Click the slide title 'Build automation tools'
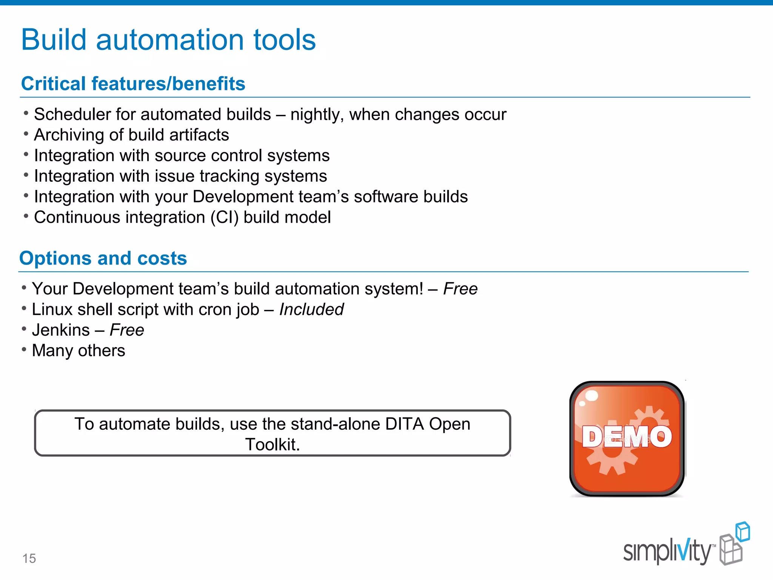168,40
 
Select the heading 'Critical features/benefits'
133,83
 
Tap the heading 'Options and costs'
103,258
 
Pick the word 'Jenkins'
61,330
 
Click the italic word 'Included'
311,310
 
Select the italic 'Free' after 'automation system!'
460,289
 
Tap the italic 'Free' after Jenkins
127,330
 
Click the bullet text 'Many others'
79,351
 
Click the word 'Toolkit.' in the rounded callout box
273,444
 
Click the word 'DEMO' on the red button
627,437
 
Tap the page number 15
29,558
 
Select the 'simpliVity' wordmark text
667,552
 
